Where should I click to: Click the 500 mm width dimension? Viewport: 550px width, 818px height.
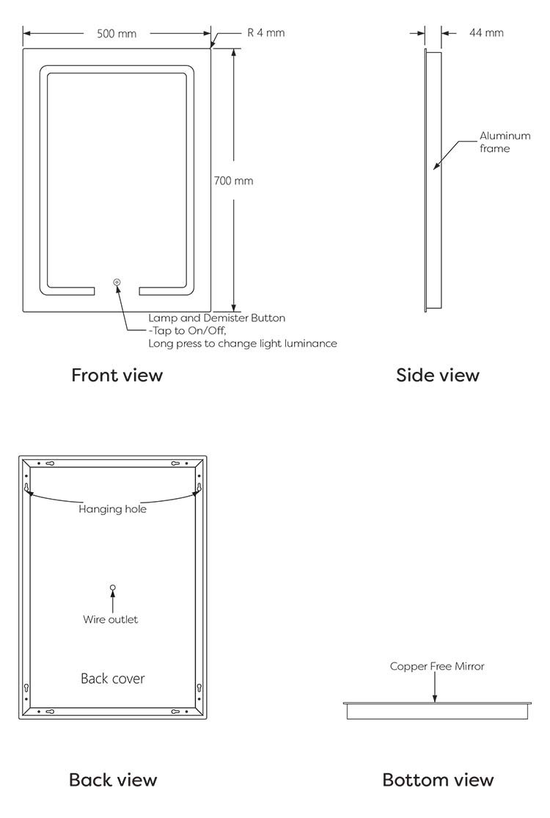117,34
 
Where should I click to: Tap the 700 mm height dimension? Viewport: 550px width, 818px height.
233,181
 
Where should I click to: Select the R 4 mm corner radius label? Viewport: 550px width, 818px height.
266,33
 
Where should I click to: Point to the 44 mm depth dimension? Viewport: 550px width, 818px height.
486,33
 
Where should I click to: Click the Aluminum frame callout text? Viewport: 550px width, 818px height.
505,142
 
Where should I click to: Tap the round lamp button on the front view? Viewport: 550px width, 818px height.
117,282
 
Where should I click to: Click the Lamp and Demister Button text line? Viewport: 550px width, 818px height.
217,318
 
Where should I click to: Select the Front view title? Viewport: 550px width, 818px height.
117,375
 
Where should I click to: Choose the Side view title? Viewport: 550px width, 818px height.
437,375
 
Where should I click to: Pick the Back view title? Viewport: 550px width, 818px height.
113,780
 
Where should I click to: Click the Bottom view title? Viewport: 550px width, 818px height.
438,780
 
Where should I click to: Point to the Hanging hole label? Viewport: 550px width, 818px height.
113,509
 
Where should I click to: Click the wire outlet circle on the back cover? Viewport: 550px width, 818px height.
113,588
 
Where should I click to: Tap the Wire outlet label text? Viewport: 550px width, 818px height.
111,620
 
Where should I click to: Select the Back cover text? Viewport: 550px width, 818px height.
113,679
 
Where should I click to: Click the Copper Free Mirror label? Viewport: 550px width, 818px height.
437,666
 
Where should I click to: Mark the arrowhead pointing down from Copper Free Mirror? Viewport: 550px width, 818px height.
435,698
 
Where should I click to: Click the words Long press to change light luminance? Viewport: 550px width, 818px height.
243,344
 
